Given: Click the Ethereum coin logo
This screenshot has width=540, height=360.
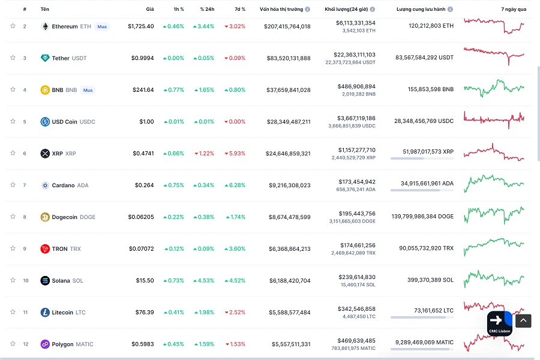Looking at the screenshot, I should [44, 26].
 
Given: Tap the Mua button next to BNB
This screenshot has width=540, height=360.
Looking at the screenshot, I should [88, 90].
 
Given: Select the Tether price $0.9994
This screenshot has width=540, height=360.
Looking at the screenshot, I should [142, 58].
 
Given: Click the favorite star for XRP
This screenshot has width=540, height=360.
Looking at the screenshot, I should [13, 153].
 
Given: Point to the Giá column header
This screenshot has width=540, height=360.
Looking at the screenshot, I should [149, 10].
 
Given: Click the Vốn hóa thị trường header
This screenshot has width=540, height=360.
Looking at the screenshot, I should [281, 10].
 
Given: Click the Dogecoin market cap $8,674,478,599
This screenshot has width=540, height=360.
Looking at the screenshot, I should [288, 217].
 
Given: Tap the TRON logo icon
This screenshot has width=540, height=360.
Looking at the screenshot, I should [44, 248].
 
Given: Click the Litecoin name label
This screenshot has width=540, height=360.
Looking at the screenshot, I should [62, 312].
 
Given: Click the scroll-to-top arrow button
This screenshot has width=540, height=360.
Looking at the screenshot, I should [523, 320].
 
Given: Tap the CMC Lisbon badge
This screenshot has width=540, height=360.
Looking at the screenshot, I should [499, 323].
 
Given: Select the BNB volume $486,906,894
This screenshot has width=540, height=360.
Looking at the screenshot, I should [356, 86].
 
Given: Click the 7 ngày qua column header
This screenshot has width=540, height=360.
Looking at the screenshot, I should [514, 10].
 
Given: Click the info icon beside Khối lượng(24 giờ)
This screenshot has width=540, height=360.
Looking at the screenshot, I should [373, 10].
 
